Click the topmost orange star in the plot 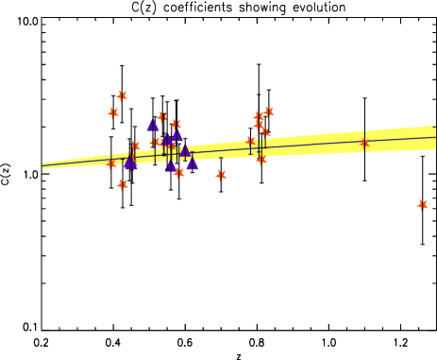click(122, 95)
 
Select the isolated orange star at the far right click(422, 204)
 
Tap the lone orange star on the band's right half click(364, 144)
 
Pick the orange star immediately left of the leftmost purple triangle click(111, 164)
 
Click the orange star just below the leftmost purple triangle click(123, 184)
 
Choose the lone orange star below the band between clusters click(221, 175)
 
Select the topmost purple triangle click(153, 125)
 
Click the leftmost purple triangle click(130, 163)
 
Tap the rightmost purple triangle click(193, 163)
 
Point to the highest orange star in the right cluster click(269, 111)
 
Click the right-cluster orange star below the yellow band click(261, 160)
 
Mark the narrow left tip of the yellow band click(43, 165)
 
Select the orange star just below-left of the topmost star click(113, 112)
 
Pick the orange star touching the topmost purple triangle click(161, 117)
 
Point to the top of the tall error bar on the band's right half click(364, 130)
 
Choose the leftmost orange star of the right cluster click(250, 141)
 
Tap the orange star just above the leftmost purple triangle click(135, 146)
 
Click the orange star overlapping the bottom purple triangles click(178, 173)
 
